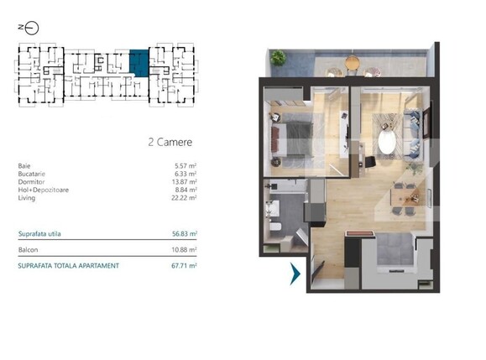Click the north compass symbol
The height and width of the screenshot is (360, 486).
[x=29, y=27]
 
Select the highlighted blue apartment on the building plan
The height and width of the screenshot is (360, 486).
[x=138, y=63]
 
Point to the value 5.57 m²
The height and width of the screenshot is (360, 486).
[x=185, y=166]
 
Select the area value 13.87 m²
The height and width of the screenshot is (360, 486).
[x=184, y=181]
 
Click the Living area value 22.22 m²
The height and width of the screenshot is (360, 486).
[x=184, y=197]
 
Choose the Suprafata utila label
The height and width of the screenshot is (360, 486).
[x=39, y=233]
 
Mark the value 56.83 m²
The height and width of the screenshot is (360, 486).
[x=184, y=233]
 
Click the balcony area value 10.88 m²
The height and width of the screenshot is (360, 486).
[x=184, y=249]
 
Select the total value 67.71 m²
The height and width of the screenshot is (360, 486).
[x=184, y=265]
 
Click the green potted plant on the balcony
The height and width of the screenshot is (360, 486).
[x=278, y=58]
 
